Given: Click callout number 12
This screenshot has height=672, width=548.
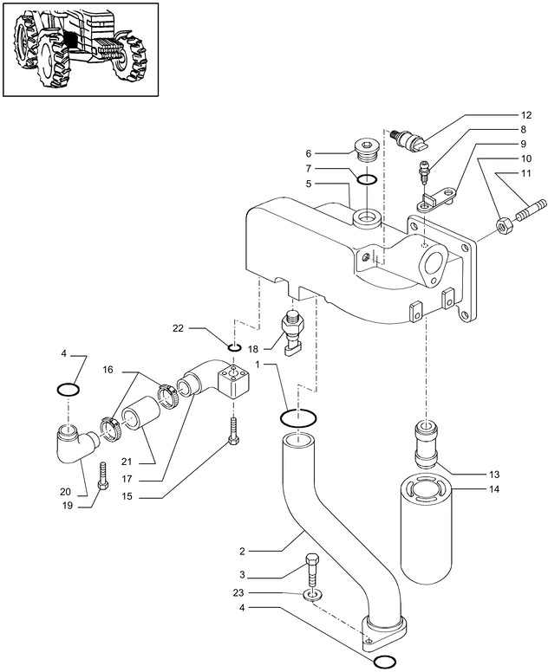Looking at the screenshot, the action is pyautogui.click(x=526, y=115).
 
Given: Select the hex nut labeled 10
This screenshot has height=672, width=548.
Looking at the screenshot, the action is pyautogui.click(x=502, y=225).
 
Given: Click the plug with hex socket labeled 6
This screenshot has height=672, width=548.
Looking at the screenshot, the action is pyautogui.click(x=366, y=151).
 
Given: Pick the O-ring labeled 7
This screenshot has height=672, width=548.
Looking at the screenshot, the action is pyautogui.click(x=368, y=179).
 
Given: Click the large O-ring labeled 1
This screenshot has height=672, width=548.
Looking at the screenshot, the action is pyautogui.click(x=298, y=418).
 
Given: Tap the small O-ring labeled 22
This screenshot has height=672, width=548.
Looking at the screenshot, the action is pyautogui.click(x=234, y=346).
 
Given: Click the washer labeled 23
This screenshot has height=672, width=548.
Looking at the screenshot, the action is pyautogui.click(x=313, y=595).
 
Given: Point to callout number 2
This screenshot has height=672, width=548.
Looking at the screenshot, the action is pyautogui.click(x=242, y=551).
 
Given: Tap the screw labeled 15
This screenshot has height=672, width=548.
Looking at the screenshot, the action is pyautogui.click(x=233, y=431).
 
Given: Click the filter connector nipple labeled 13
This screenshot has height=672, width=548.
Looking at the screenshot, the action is pyautogui.click(x=426, y=444).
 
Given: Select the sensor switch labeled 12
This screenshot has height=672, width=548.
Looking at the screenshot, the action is pyautogui.click(x=410, y=140).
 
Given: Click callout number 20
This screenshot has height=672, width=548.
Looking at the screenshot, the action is pyautogui.click(x=65, y=492).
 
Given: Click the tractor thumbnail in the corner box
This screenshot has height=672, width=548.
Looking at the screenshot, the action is pyautogui.click(x=80, y=48).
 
